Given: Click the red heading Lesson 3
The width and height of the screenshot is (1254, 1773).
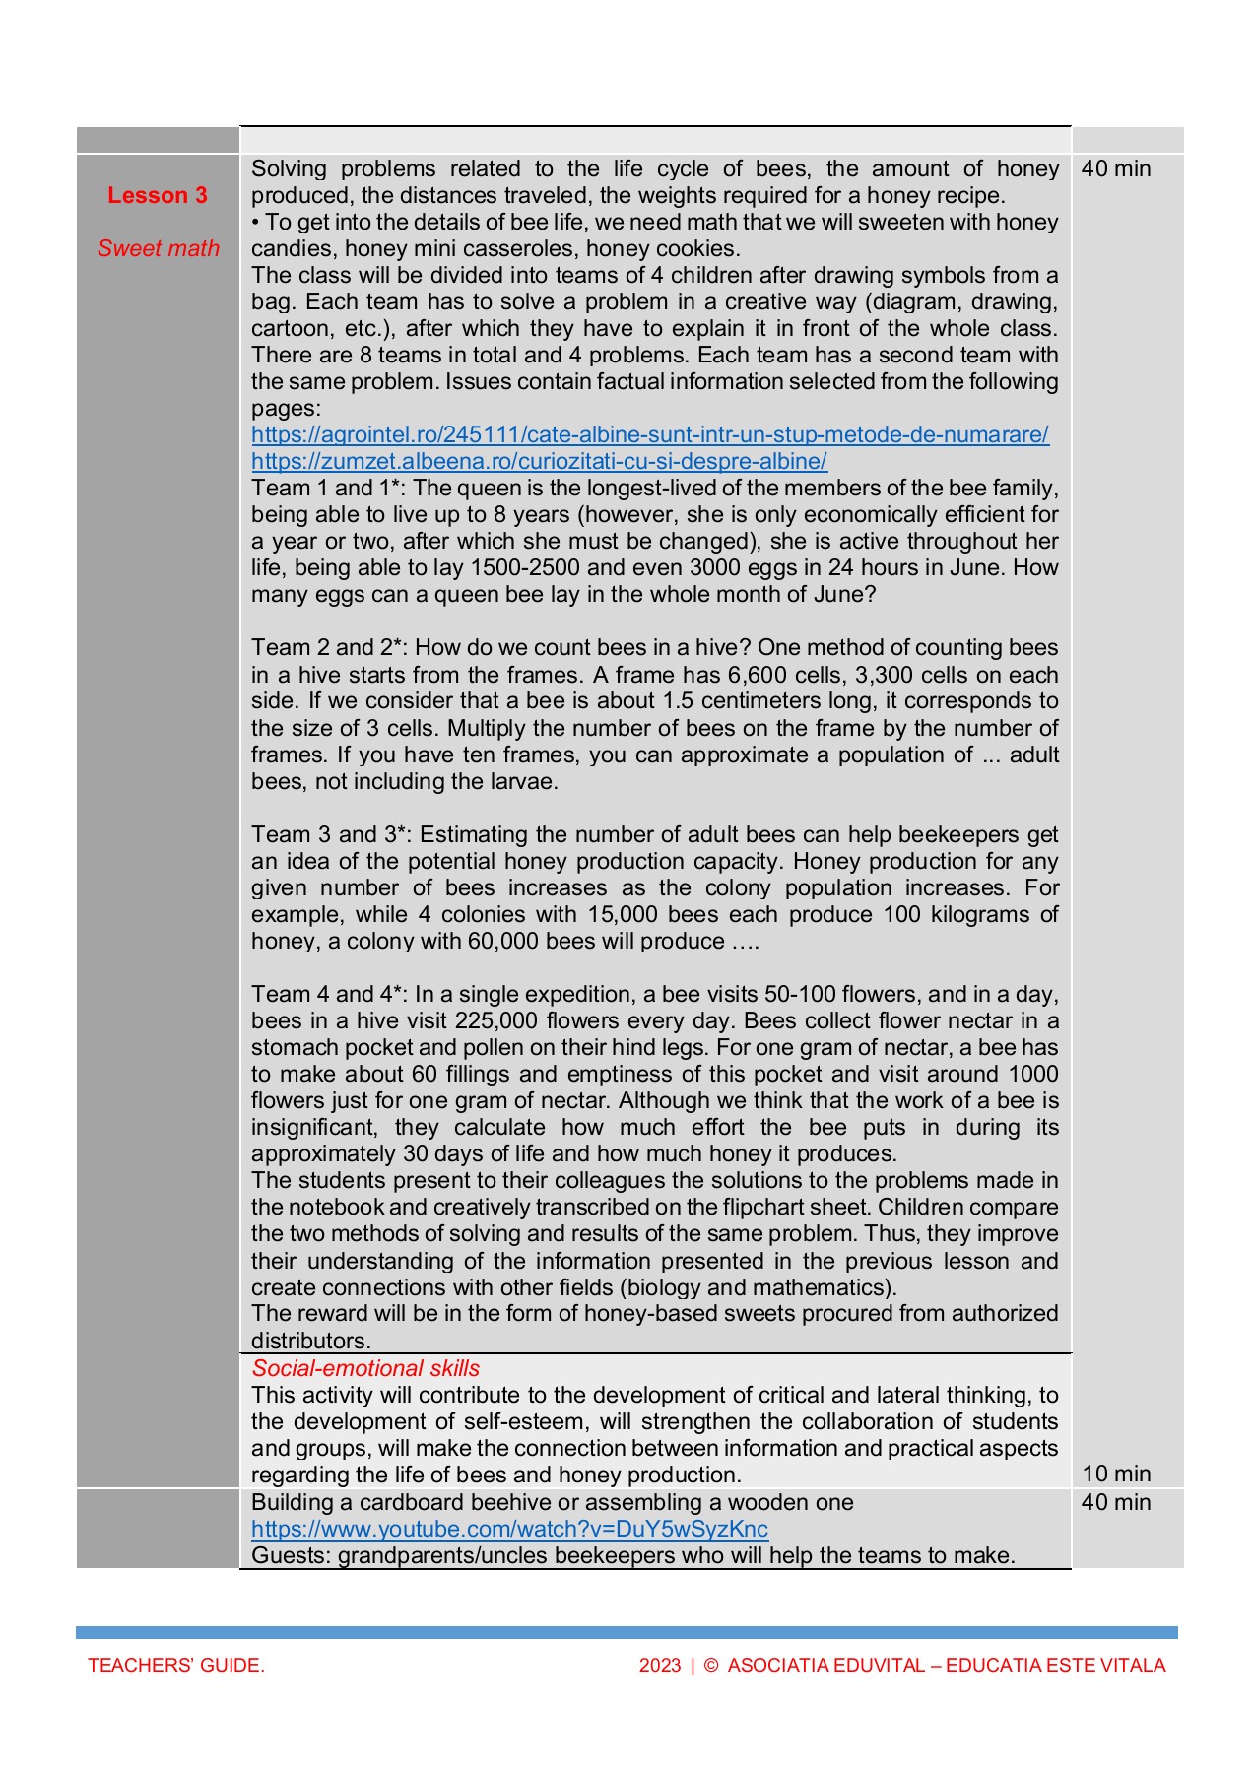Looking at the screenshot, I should point(158,195).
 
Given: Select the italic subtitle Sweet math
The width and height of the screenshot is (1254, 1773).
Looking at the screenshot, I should point(158,248).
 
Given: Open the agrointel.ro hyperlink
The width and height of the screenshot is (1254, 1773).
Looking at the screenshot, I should point(649,434).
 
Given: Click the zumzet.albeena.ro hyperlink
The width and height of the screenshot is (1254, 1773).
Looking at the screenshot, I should point(539,461).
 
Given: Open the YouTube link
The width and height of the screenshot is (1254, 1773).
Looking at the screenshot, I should point(509,1529).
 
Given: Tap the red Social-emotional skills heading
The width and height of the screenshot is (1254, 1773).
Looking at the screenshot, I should point(365,1368).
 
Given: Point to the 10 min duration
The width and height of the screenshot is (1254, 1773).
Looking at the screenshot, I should point(1116,1474).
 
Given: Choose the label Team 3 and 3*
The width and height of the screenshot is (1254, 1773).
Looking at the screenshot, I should point(329,834).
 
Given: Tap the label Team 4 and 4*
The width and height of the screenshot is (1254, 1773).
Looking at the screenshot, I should point(329,994).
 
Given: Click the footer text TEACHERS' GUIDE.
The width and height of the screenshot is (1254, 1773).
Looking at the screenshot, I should point(176,1665).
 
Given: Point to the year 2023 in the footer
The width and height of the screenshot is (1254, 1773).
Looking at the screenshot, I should point(660,1665).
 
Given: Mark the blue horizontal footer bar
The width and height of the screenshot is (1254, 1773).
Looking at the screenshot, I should point(627,1632).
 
